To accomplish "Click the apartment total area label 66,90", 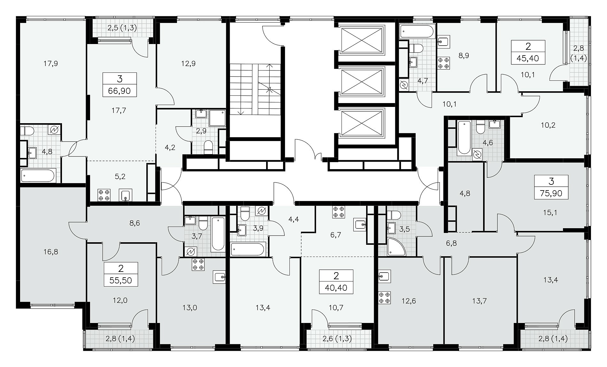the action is coord(119,91).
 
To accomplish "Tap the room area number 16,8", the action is coord(51,252).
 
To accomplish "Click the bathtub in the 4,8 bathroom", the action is coord(38,176).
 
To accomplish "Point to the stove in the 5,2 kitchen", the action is coord(104,195).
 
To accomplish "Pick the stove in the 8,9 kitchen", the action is coord(443,62).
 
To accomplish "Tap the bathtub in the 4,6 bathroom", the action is coord(464,138).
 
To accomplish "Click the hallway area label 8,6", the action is coord(135,223).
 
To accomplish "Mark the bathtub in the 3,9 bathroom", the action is coord(248,249).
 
